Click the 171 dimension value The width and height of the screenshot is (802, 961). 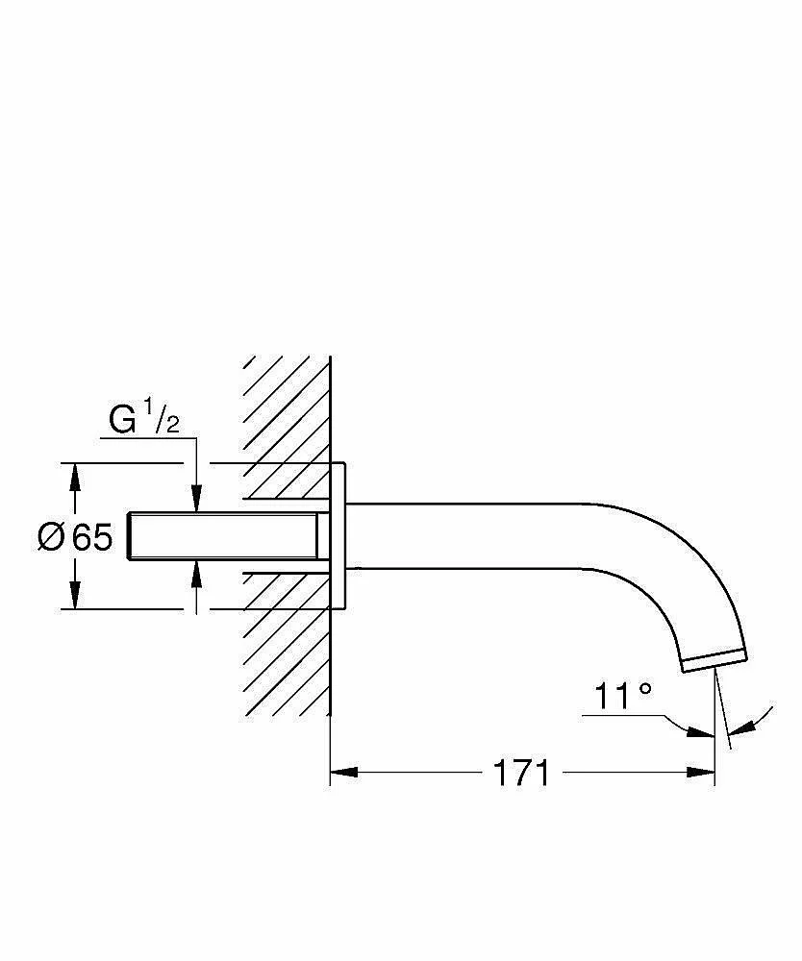point(522,773)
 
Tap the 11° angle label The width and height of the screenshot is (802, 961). point(623,696)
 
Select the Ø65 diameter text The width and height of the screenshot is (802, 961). point(75,537)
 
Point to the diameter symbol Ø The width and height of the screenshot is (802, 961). point(51,537)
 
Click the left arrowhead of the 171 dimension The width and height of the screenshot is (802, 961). point(344,773)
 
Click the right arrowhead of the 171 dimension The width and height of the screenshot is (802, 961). point(701,773)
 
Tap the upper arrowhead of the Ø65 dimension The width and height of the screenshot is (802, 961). point(75,477)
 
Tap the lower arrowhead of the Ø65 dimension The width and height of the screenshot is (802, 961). point(75,595)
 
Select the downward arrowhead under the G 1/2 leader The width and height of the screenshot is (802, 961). point(196,498)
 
